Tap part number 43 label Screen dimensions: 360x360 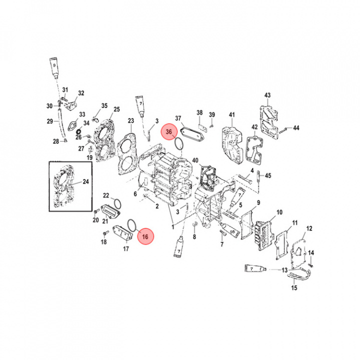[267, 95]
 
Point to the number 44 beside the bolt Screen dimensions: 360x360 [296, 128]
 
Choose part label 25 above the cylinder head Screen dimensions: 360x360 [116, 109]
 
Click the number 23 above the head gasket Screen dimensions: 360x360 [131, 120]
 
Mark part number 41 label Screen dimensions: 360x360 [231, 115]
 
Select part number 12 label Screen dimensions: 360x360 [309, 228]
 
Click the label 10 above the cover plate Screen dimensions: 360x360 [279, 212]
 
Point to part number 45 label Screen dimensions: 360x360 [268, 175]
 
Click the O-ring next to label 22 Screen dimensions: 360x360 [117, 204]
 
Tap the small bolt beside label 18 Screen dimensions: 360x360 [106, 234]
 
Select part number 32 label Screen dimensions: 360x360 [81, 93]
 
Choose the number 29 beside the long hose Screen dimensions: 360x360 [49, 121]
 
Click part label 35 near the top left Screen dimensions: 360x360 [104, 106]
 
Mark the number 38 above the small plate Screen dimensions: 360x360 [199, 112]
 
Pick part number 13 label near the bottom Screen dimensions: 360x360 [284, 270]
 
